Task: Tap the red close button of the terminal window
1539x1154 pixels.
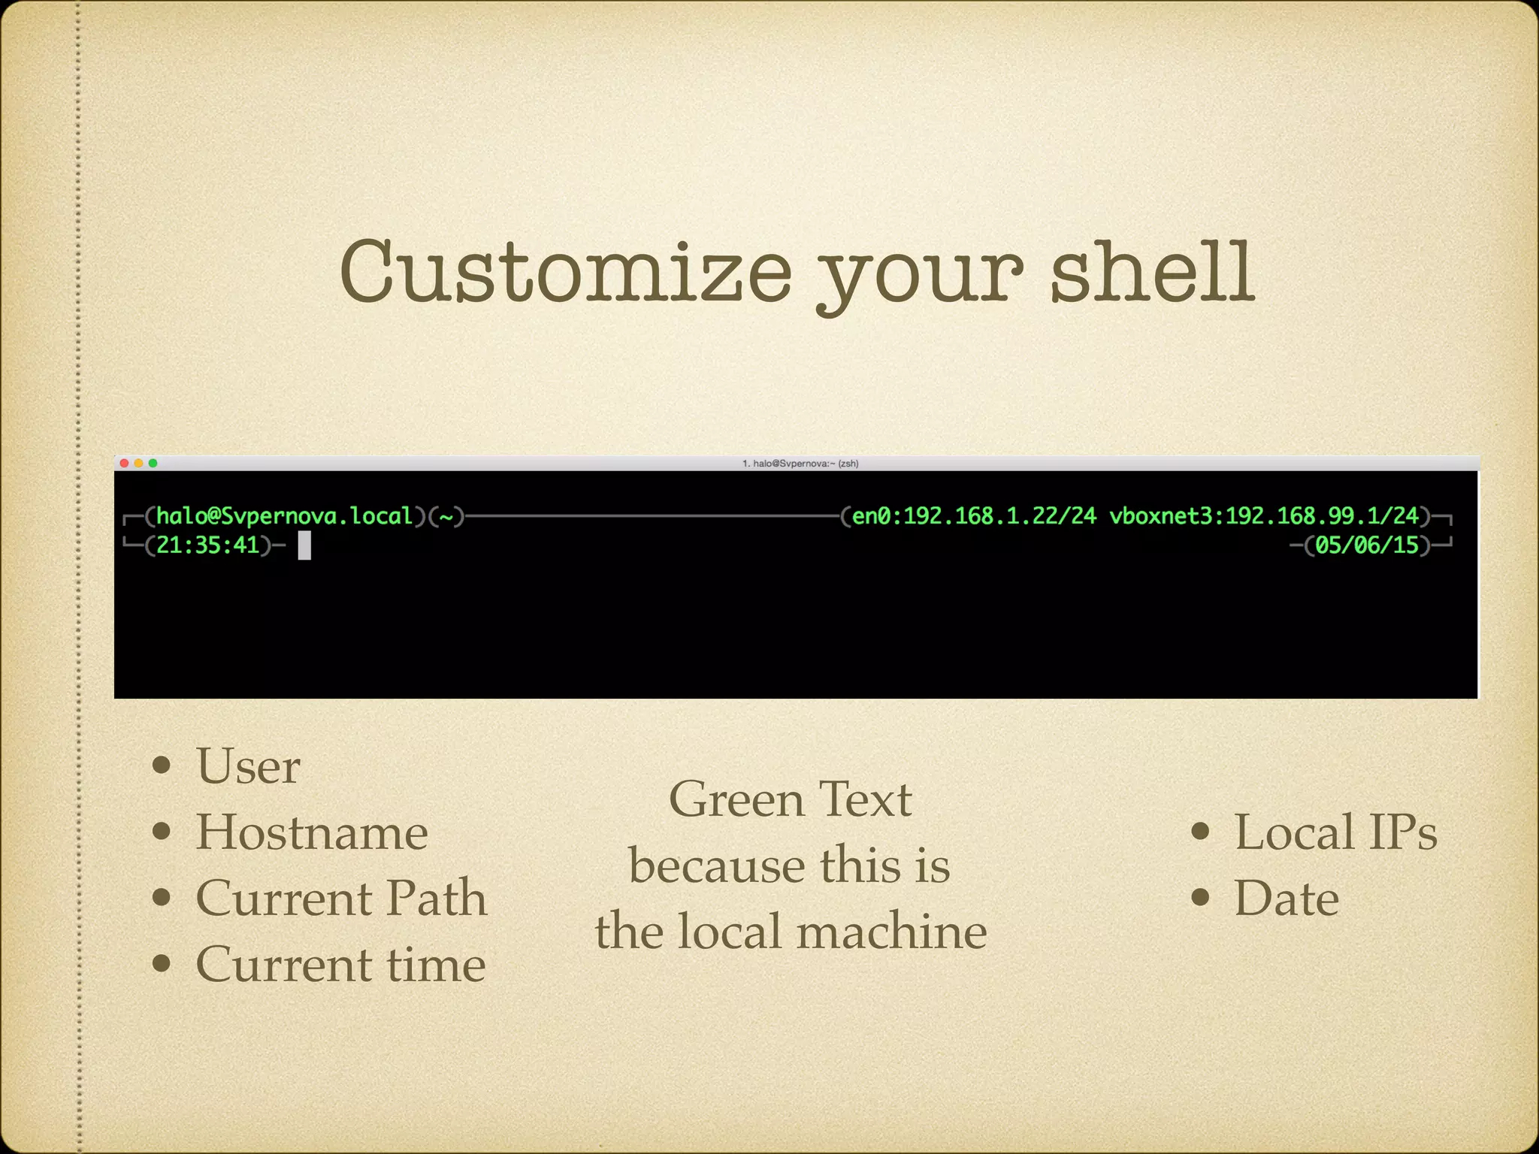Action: pos(125,464)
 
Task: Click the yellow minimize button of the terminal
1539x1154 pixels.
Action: pos(139,464)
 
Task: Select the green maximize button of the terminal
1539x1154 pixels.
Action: pos(153,464)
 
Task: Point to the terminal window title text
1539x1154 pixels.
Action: pos(800,464)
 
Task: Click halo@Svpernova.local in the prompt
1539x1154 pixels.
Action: pos(285,516)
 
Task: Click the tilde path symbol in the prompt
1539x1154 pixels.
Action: pos(446,516)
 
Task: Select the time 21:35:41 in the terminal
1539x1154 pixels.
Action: pos(207,545)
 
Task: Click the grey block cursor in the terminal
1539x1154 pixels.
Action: pos(304,545)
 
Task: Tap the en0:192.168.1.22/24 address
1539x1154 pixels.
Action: pos(974,516)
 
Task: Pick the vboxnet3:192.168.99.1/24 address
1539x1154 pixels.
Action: pos(1264,516)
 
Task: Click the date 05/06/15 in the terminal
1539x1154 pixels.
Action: pos(1367,545)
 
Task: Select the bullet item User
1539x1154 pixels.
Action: pos(248,766)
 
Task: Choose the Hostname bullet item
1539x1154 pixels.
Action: pos(312,832)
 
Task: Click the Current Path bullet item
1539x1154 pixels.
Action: pos(341,898)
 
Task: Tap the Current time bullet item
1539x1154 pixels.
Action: pos(340,964)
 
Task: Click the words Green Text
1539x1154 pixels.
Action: pos(790,799)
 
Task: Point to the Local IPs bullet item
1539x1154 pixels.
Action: pos(1335,832)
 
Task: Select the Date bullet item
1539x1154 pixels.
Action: pos(1286,898)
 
